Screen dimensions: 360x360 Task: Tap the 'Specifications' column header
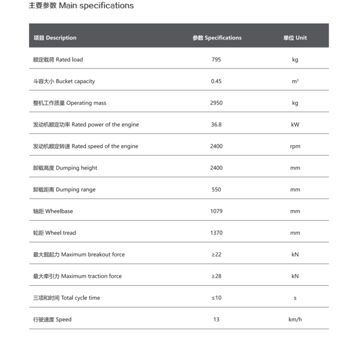point(217,38)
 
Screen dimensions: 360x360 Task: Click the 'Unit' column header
point(295,38)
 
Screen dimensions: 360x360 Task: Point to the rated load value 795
point(216,60)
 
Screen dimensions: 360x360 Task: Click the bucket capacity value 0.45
point(216,81)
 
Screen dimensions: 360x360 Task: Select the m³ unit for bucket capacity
point(295,81)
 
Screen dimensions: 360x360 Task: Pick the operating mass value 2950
point(216,103)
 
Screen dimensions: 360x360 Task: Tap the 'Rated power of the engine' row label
point(86,125)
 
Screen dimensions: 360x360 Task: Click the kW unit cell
point(295,125)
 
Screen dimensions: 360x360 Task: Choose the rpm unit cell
point(295,146)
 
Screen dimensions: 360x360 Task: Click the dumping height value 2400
point(216,168)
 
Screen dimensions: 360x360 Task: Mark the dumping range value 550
point(216,190)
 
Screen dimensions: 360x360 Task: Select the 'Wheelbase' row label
point(53,211)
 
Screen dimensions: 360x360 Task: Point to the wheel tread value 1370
point(216,233)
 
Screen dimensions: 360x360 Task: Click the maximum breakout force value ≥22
point(216,254)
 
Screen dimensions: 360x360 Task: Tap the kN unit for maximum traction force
point(295,276)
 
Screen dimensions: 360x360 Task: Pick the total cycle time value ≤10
point(216,298)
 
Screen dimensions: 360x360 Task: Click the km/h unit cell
point(295,319)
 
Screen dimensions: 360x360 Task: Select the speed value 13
point(216,319)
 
